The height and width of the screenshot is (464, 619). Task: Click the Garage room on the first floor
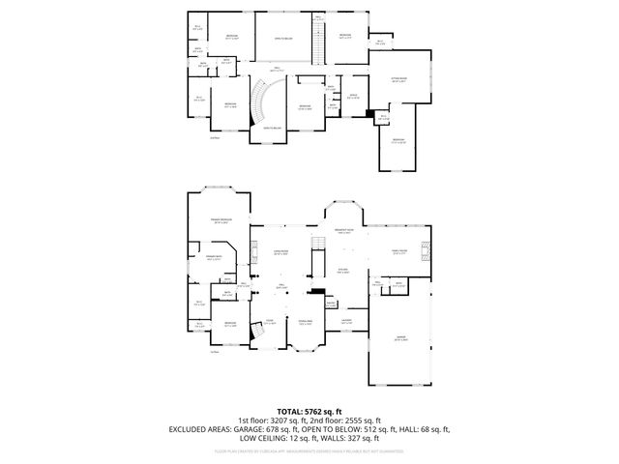coord(400,338)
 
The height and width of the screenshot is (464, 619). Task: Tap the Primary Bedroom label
coord(222,221)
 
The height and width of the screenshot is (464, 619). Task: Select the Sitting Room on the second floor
coord(398,81)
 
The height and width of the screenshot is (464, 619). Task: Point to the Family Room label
coord(398,249)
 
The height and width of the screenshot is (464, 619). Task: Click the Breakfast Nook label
coord(343,230)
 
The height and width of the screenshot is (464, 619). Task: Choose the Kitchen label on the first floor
coord(343,271)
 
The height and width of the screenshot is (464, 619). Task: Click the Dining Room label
coord(305,322)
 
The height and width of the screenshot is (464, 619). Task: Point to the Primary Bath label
coord(215,258)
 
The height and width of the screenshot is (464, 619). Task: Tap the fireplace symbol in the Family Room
coord(423,251)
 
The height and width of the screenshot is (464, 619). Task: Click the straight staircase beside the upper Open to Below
coord(316,43)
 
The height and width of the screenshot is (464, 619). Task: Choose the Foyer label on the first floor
coord(270,322)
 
